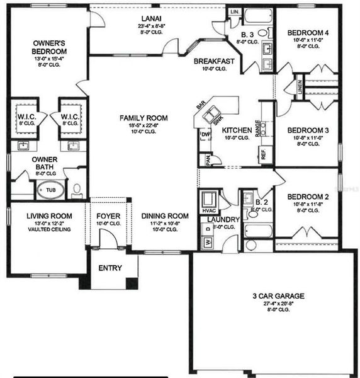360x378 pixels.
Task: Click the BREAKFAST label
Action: point(214,61)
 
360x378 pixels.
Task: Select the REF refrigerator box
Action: point(263,154)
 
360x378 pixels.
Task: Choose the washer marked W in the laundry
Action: point(208,241)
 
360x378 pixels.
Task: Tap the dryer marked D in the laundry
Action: point(208,227)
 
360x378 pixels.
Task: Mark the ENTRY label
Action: point(110,268)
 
